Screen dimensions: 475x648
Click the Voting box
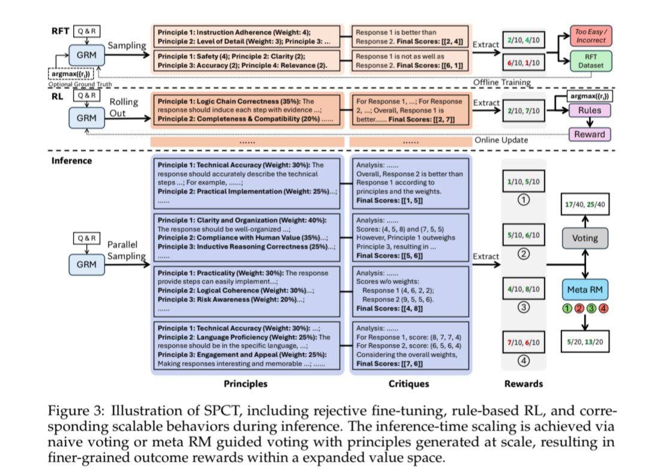[584, 238]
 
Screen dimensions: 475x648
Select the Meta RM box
[584, 290]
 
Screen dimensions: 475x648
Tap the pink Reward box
[590, 134]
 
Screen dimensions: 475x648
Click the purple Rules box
[590, 110]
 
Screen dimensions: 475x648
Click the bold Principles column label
[245, 384]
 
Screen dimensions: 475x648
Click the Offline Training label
[503, 82]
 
